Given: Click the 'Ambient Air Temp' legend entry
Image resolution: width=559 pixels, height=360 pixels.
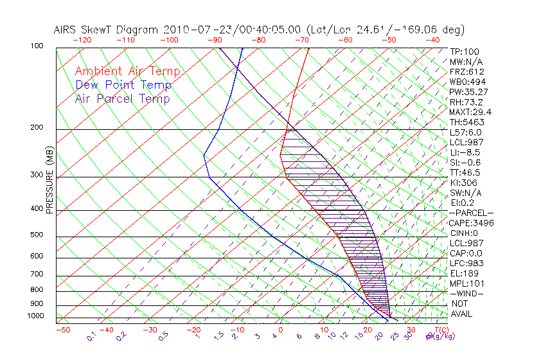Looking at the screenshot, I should click(127, 71).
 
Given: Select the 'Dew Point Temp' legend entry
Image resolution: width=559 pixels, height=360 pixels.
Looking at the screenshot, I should click(123, 85).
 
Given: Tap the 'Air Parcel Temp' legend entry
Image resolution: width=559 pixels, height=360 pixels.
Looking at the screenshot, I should click(122, 98).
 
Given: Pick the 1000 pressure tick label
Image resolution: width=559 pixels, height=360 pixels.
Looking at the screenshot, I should click(37, 316).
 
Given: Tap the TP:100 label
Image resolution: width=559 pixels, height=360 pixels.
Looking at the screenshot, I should click(464, 51).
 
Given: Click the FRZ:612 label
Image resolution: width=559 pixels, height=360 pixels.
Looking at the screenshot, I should click(466, 71).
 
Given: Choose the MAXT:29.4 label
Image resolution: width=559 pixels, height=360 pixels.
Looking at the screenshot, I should click(471, 112).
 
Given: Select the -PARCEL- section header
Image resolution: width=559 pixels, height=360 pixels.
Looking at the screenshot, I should click(471, 213).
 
